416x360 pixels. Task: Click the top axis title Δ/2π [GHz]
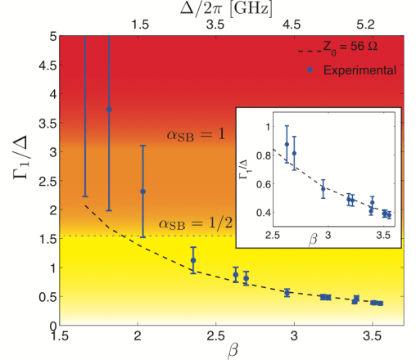point(220,9)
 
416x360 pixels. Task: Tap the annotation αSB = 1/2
point(191,224)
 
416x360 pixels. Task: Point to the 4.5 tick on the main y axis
point(41,65)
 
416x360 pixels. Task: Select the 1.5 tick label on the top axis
point(142,26)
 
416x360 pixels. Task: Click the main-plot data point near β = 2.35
point(193,260)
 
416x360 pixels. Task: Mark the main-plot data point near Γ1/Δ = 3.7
point(109,109)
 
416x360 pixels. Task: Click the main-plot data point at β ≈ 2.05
point(142,191)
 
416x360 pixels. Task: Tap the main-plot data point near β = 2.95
point(287,292)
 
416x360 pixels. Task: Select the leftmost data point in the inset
point(287,144)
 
